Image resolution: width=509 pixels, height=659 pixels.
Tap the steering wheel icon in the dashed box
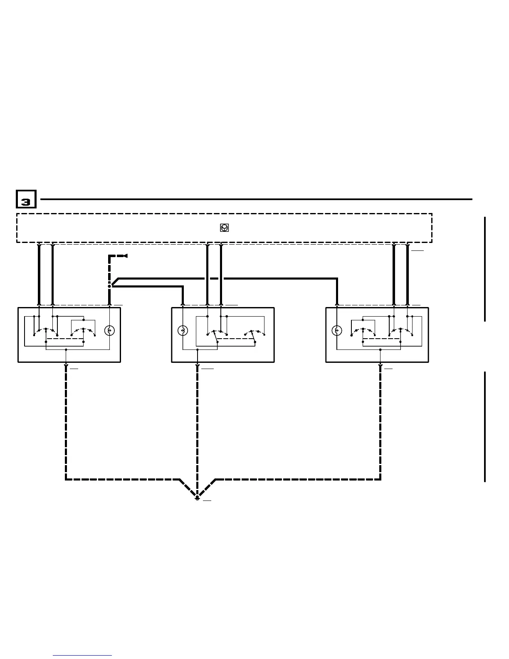224,228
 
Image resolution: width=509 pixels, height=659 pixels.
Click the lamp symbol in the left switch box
109,331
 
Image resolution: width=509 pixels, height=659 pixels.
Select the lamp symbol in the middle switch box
183,331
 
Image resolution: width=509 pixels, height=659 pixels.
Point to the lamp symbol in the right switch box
337,331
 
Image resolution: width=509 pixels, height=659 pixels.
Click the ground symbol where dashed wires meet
197,498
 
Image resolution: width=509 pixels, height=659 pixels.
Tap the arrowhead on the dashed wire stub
124,256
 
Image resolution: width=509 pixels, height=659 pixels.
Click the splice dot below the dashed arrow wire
109,286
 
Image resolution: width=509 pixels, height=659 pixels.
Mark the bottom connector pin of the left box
66,365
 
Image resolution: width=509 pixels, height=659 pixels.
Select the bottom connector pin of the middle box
197,365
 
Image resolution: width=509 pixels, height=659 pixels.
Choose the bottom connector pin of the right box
380,365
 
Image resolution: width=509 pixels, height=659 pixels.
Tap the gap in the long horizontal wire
214,278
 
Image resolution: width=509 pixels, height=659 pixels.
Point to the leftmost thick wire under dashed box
39,275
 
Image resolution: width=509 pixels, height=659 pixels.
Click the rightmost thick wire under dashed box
407,275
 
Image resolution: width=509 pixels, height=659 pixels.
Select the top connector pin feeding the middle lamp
183,305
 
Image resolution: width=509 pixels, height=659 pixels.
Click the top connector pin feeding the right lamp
337,305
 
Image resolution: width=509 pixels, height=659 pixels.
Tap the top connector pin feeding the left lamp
109,305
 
